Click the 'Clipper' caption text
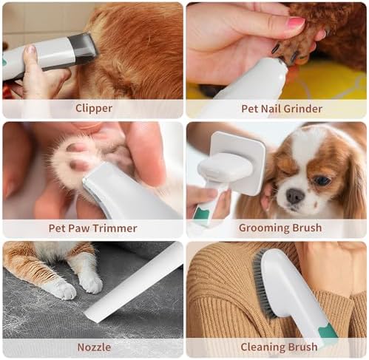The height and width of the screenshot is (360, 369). point(94,109)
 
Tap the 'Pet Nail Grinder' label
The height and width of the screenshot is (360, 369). point(282,109)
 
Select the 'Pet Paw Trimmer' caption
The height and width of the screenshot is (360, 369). point(92,228)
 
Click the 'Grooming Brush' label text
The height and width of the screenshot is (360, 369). point(280,228)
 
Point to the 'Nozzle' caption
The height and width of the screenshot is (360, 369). point(94,347)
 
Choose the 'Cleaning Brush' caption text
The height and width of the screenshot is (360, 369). point(279,347)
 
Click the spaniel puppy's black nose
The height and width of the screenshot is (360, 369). point(295,196)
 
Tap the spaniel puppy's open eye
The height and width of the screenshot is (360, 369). point(322,181)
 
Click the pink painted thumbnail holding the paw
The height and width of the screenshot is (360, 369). point(296,23)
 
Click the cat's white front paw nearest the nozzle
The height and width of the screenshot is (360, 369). point(91,283)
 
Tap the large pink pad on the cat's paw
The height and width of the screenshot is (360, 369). point(78,164)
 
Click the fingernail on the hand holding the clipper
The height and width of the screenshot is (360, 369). point(30,50)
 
